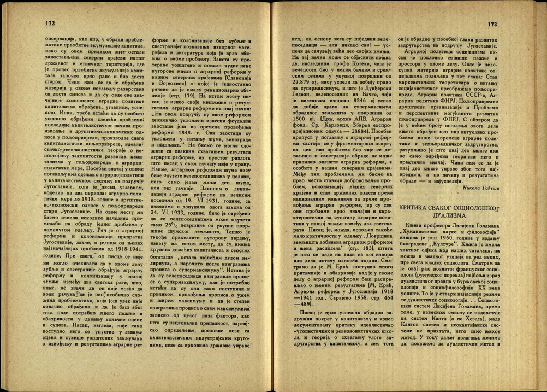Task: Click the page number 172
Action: pyautogui.click(x=48, y=24)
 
